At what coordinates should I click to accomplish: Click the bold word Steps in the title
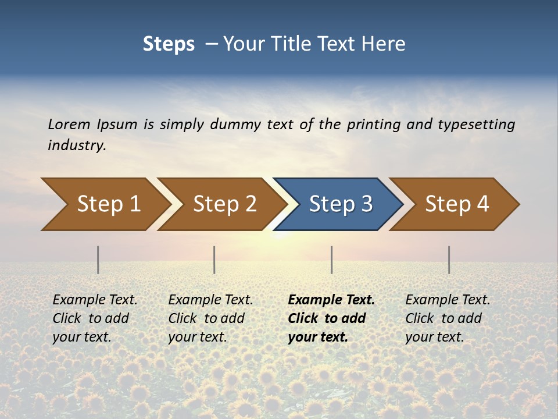169,44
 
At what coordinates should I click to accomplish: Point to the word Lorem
69,124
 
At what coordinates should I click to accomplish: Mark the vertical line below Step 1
98,260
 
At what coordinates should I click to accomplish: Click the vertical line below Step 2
214,260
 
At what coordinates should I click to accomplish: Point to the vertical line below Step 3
331,260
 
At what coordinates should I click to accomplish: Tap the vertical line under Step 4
449,260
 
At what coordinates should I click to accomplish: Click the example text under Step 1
95,318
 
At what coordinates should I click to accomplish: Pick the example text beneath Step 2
210,318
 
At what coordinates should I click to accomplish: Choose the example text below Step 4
448,318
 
